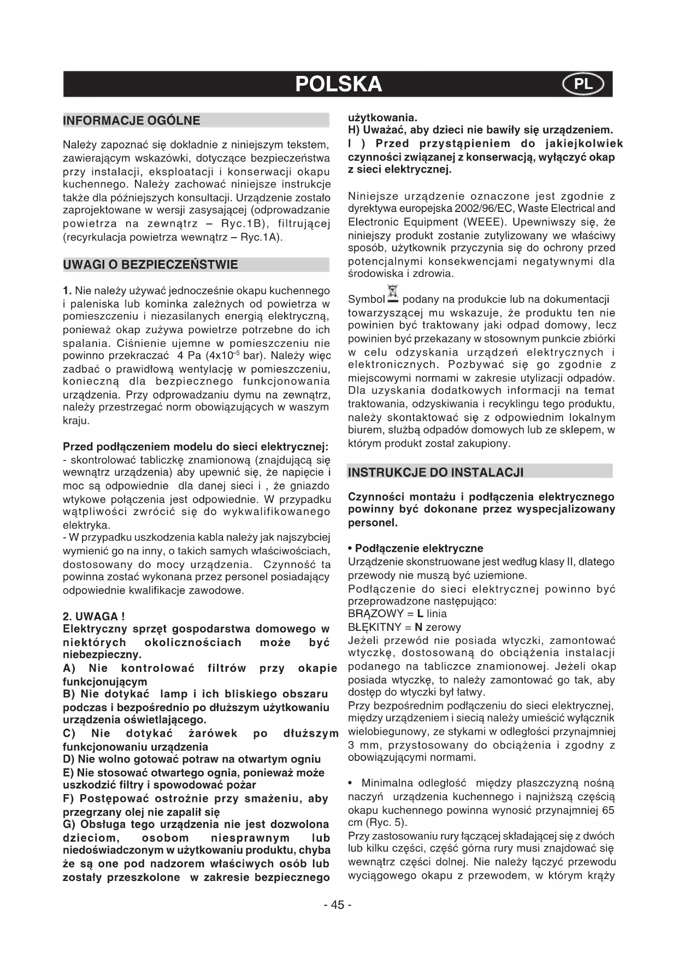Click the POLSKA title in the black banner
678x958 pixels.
pos(338,84)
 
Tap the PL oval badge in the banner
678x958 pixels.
pos(583,84)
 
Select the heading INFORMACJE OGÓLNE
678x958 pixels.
pos(132,121)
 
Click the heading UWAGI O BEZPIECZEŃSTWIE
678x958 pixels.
pos(151,265)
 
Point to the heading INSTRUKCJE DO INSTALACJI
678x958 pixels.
pos(435,472)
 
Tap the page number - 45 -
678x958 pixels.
pos(338,905)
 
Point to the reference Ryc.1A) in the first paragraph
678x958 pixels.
pos(261,238)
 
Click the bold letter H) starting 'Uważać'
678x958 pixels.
pos(355,131)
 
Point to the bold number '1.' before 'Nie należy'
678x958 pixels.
pos(67,291)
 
